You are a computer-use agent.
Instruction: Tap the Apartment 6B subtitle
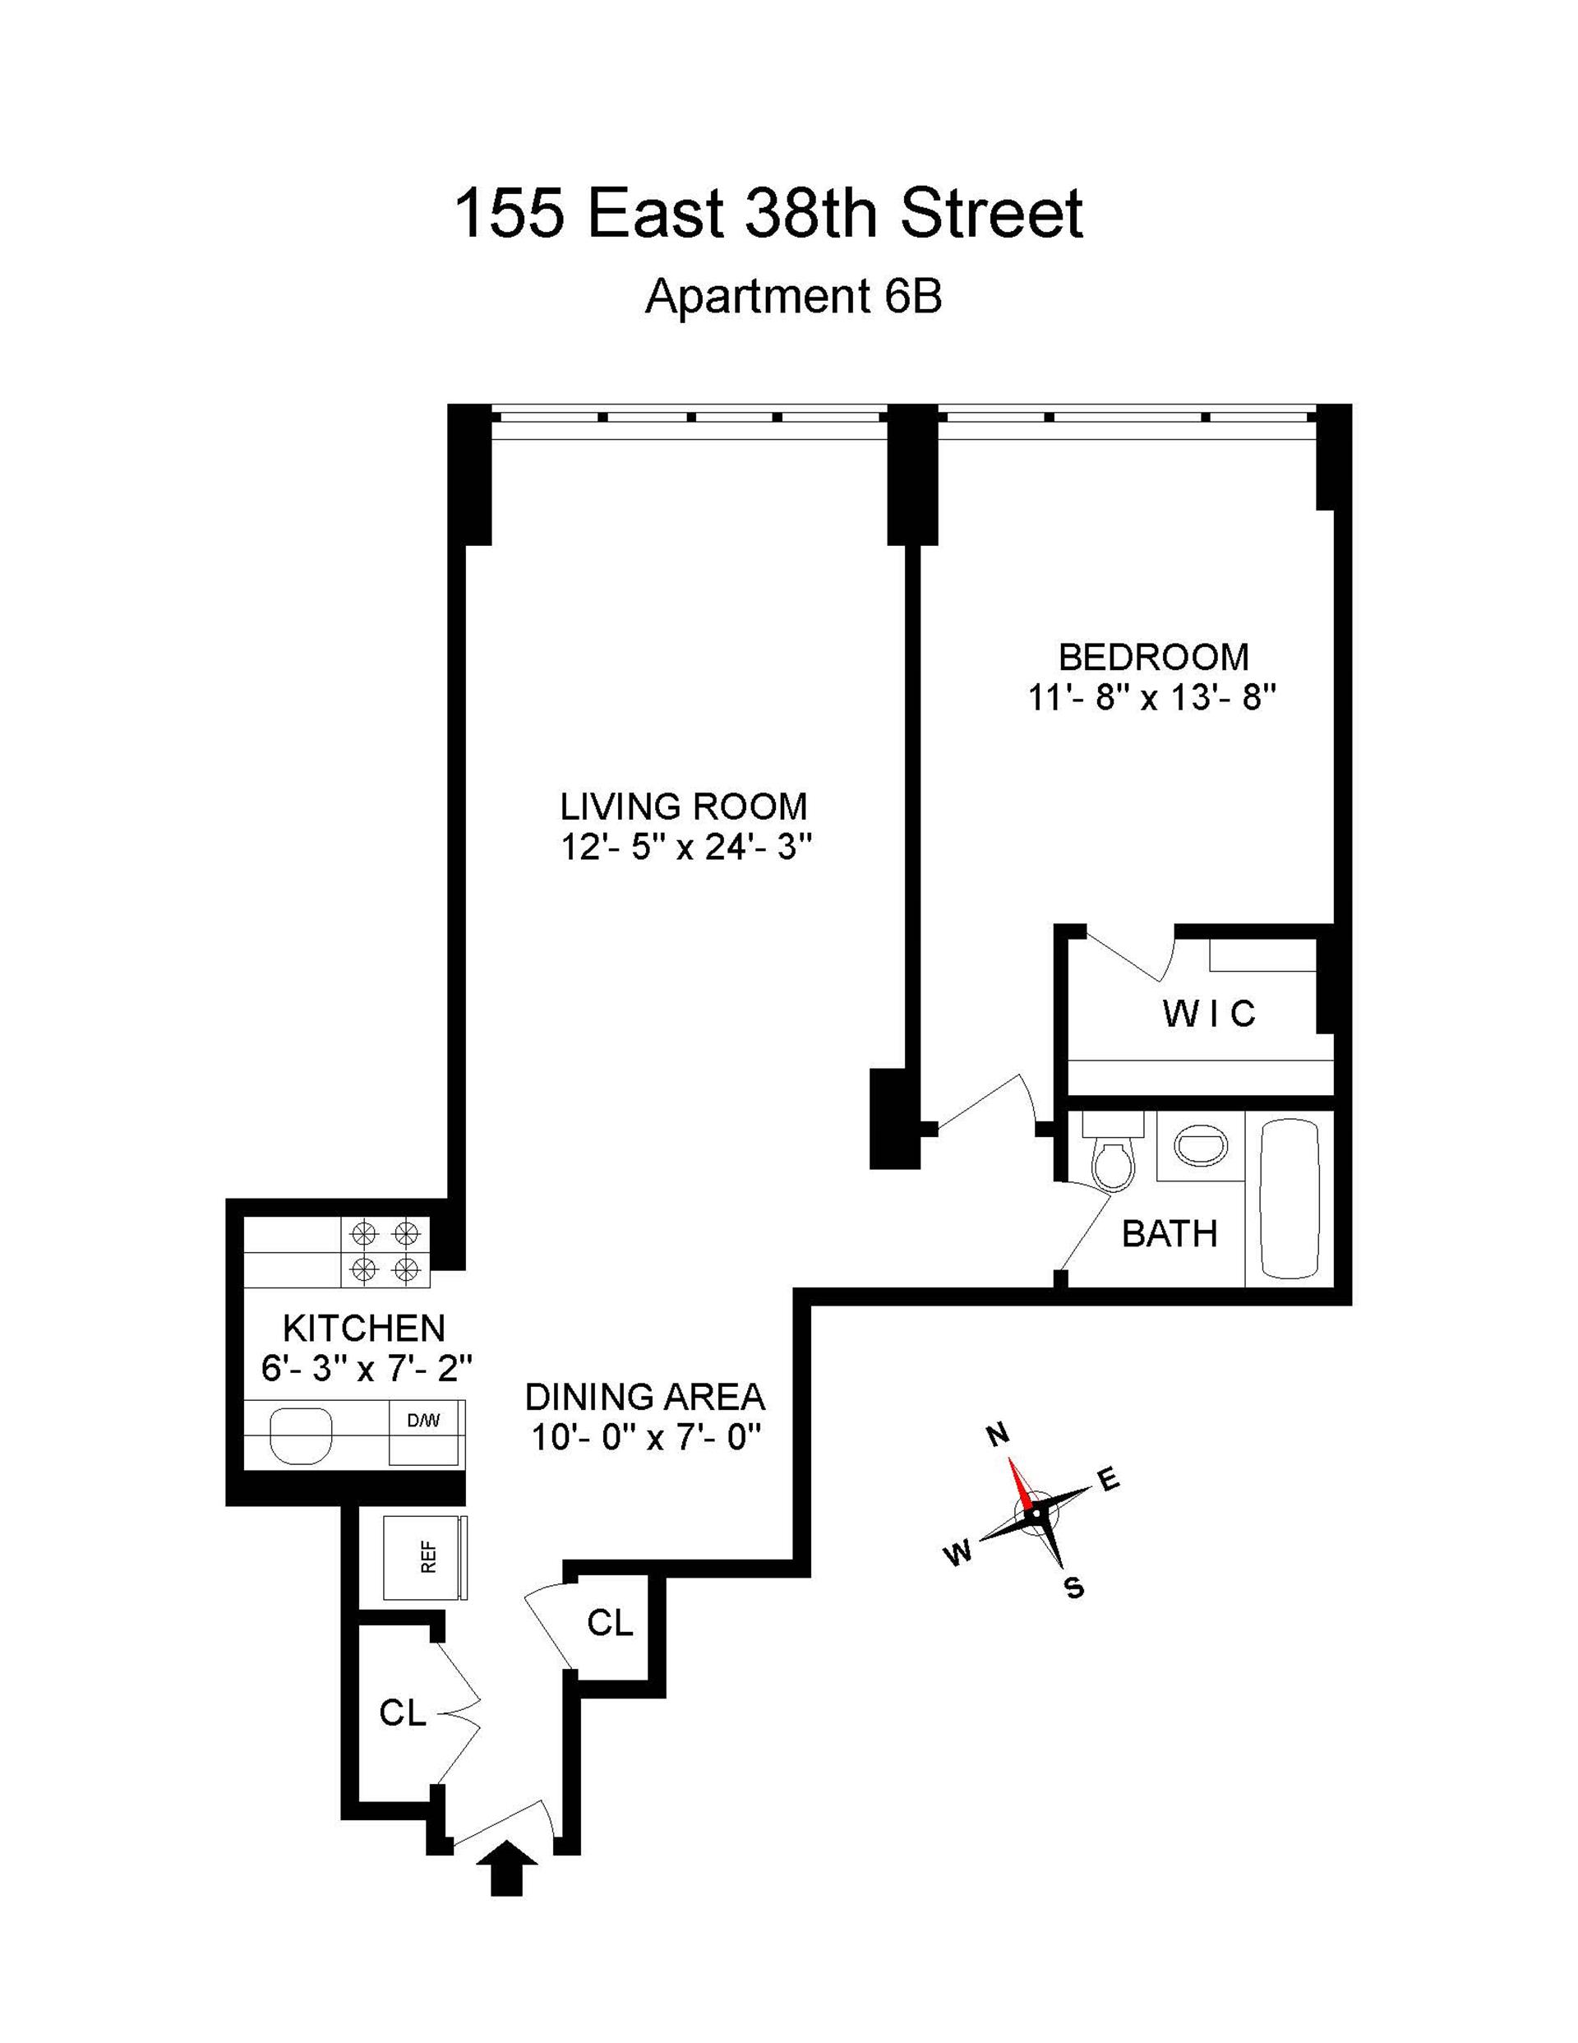tap(793, 298)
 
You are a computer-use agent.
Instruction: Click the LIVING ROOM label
tap(683, 806)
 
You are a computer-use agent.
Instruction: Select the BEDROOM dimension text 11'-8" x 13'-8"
tap(1152, 698)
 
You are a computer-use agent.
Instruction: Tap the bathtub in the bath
tap(1290, 1199)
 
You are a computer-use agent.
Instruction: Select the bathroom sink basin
tap(1201, 1145)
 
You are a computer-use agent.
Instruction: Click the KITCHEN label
tap(364, 1328)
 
